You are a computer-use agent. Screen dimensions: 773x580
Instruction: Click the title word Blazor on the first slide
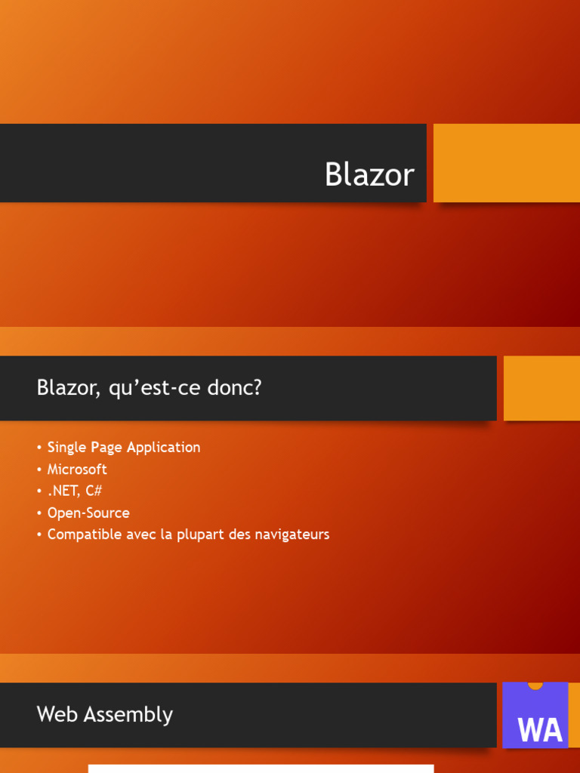[x=369, y=175]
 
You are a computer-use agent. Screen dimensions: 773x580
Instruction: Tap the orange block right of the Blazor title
[x=506, y=163]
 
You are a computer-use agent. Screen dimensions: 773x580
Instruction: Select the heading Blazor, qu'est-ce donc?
[x=149, y=389]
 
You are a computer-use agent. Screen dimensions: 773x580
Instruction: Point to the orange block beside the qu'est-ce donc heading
[x=541, y=388]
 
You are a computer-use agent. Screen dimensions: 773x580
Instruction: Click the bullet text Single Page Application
[x=124, y=448]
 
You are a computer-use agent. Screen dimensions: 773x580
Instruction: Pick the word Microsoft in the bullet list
[x=77, y=470]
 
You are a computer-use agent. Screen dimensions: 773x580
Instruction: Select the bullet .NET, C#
[x=74, y=491]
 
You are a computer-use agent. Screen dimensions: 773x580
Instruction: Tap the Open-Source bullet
[x=88, y=513]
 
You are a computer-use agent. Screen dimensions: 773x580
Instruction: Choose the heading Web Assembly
[x=105, y=715]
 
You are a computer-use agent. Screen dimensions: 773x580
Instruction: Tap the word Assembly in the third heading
[x=131, y=715]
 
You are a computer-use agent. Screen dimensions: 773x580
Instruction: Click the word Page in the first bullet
[x=106, y=448]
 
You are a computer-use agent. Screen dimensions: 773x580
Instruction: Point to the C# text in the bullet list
[x=94, y=491]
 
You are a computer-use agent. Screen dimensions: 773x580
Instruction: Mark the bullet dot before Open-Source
[x=39, y=513]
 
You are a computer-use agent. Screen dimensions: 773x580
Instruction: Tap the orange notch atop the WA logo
[x=535, y=685]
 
